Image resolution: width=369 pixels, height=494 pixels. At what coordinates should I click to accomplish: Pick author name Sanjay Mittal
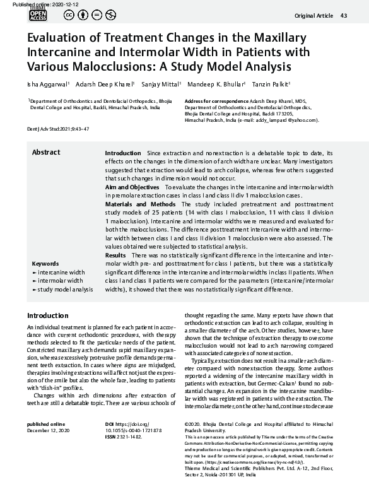tap(161, 83)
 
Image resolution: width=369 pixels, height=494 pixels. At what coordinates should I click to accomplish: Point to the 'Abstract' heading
tap(46, 152)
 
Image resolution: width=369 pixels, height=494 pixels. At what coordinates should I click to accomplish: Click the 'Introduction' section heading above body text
tap(48, 315)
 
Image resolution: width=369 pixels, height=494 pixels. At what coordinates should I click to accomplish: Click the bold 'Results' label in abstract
tap(115, 271)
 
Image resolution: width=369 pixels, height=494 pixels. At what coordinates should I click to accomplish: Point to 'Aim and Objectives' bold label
tap(132, 188)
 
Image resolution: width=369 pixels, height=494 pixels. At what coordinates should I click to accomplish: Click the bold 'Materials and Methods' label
tap(140, 204)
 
